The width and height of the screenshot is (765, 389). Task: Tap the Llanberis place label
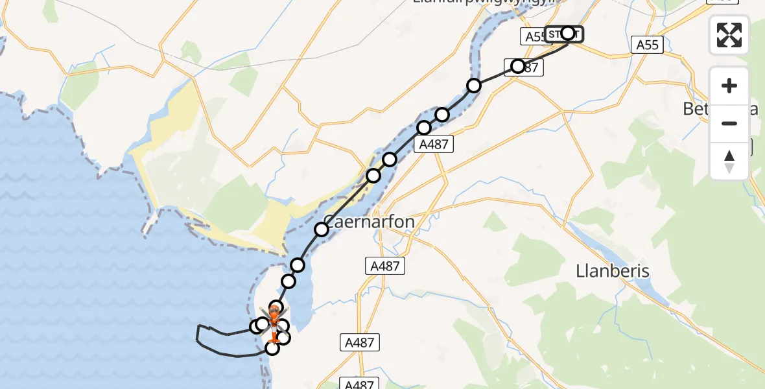[613, 271]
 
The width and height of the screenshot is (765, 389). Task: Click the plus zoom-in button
[729, 86]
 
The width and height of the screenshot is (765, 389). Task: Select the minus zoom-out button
[729, 123]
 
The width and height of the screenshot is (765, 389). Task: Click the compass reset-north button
[729, 161]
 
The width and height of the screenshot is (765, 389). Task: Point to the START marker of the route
[564, 34]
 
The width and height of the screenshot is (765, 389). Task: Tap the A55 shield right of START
[647, 44]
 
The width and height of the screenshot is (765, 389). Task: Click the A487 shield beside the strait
[434, 145]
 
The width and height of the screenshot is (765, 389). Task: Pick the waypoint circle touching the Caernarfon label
[322, 230]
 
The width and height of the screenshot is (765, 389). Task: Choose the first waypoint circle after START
[518, 66]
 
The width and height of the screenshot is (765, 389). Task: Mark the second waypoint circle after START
[474, 86]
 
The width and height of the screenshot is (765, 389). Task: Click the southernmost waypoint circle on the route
[272, 349]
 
